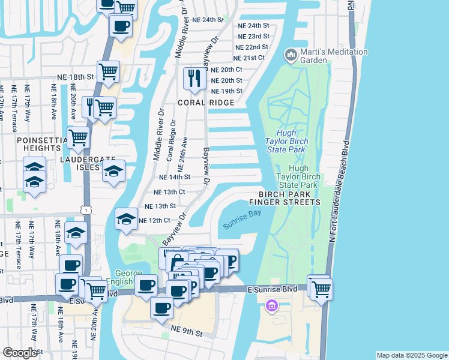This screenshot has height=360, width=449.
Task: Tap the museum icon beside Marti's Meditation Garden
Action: tap(291, 56)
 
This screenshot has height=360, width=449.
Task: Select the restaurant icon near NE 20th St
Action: tap(194, 78)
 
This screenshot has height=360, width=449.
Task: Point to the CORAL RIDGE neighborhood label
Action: tap(205, 103)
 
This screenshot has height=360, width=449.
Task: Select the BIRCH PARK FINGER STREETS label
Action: tap(289, 199)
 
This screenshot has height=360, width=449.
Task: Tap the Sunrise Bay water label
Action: tap(242, 221)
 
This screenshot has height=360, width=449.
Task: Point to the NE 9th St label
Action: tap(187, 329)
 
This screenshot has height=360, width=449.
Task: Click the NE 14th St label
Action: tap(175, 177)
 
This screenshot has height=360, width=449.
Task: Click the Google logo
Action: tap(20, 353)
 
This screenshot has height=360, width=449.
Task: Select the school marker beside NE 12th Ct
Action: tap(126, 219)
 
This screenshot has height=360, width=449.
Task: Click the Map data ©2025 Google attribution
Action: tap(411, 355)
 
